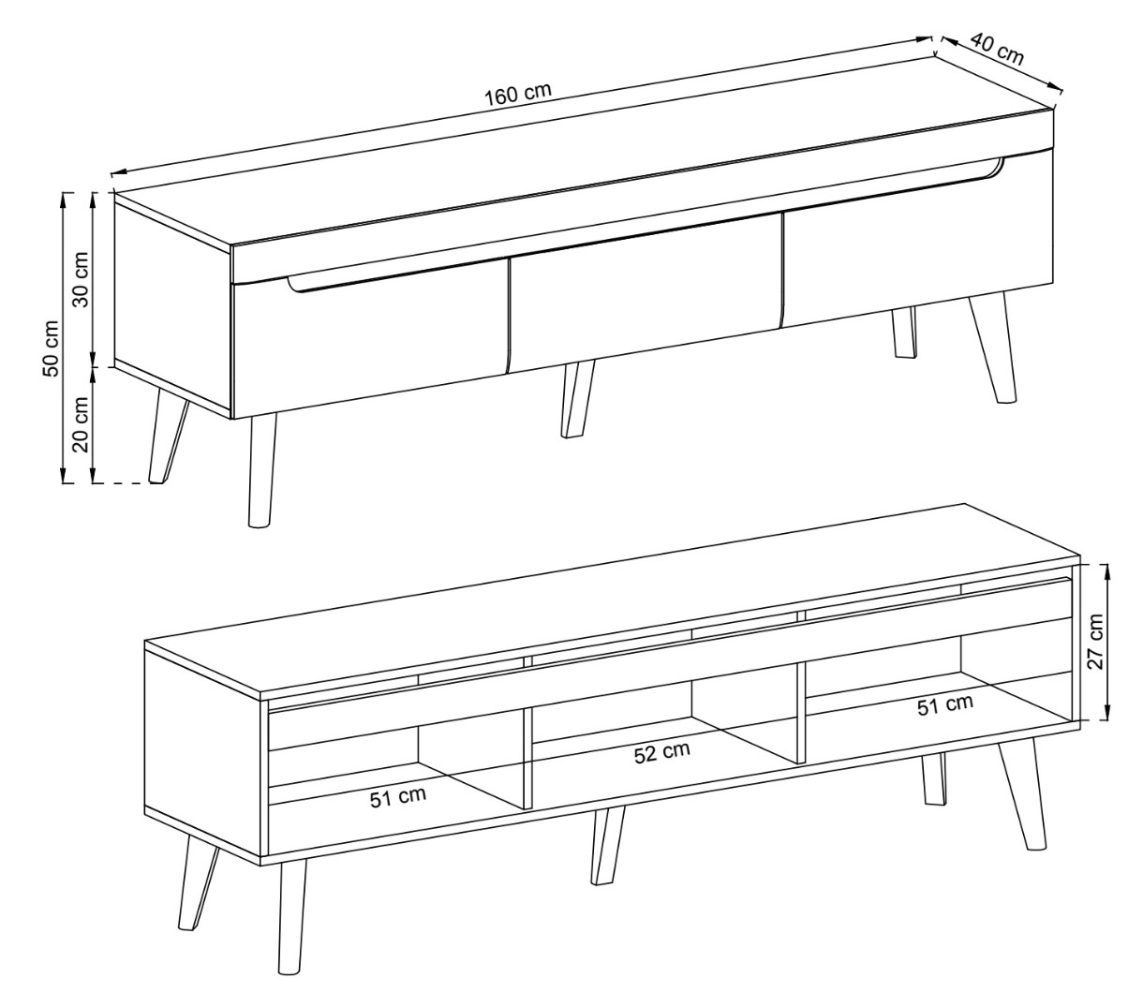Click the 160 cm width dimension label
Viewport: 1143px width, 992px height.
[517, 95]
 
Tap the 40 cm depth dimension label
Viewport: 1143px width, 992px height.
[997, 49]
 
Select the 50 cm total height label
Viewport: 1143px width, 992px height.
[51, 348]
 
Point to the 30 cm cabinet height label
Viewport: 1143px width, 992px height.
[81, 279]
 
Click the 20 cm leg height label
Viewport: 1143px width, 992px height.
[81, 424]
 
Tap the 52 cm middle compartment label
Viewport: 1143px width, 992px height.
[662, 752]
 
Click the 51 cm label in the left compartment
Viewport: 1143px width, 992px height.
[398, 796]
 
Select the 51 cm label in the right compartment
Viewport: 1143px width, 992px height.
[945, 705]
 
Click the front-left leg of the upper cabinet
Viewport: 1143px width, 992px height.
[262, 469]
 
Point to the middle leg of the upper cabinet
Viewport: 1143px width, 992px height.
[577, 399]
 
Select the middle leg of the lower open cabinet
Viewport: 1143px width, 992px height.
[608, 846]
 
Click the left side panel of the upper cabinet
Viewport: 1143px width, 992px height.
[172, 304]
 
